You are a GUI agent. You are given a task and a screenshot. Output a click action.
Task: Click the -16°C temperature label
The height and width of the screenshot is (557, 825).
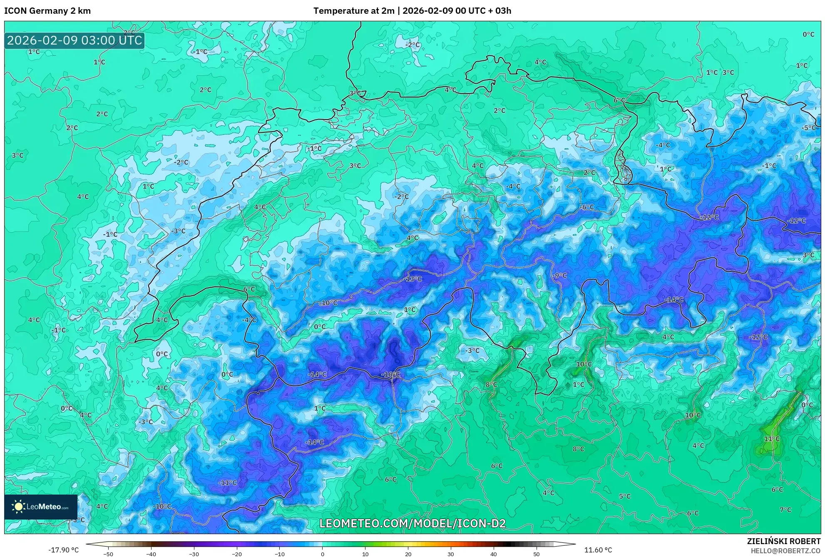390,375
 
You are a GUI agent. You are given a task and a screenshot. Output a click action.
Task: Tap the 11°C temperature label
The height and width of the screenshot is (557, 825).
771,439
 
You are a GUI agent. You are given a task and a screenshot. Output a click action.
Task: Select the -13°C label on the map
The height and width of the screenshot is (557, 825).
413,279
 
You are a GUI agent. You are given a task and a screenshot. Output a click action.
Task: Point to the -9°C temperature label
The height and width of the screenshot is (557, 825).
560,276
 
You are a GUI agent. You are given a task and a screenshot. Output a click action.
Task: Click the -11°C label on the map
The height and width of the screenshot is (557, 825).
227,483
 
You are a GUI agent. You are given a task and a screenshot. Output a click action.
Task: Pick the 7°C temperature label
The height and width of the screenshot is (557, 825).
785,510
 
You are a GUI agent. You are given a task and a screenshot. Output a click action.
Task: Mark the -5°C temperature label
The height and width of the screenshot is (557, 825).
809,128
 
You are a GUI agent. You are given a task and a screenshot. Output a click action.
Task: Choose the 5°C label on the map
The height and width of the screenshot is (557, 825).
624,496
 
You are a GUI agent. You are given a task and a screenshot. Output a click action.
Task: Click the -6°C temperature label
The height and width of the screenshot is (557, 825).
587,207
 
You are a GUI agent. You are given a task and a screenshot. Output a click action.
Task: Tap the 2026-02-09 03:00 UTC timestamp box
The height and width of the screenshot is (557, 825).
75,40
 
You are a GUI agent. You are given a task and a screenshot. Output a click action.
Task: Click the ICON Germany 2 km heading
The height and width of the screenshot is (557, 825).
47,11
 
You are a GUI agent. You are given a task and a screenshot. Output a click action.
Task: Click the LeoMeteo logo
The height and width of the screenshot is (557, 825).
41,507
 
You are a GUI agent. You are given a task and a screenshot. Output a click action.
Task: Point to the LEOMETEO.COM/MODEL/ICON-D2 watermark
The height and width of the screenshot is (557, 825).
412,523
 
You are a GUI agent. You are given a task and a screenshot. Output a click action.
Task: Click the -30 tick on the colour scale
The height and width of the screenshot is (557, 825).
194,554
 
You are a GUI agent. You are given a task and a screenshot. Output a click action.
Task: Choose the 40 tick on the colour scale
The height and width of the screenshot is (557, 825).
494,554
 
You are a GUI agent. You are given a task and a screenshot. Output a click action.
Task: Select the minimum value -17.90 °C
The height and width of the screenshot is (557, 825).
63,550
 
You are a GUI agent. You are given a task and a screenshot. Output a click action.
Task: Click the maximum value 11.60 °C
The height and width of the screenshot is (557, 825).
598,550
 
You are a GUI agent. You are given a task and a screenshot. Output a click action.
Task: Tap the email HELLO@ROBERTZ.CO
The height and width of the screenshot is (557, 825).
785,551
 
